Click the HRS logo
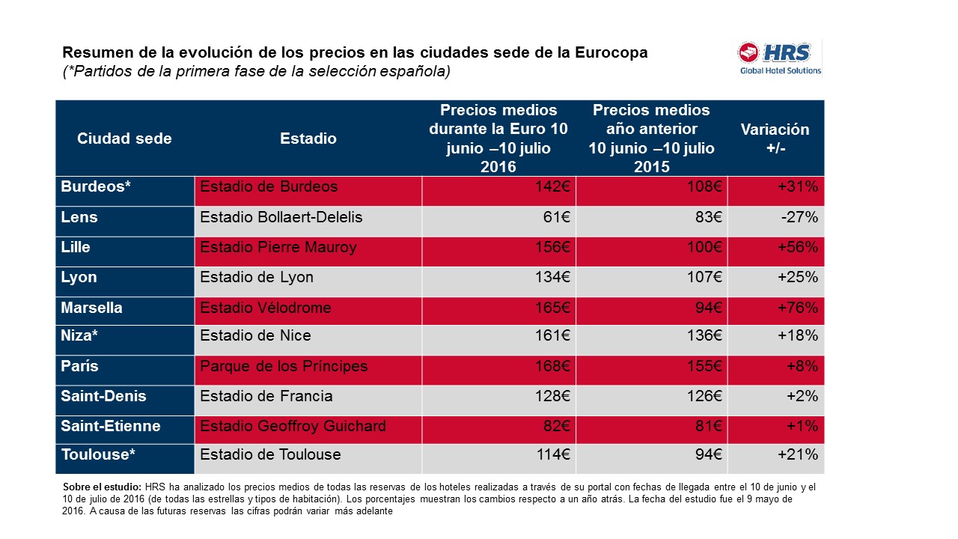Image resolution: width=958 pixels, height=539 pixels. point(779,58)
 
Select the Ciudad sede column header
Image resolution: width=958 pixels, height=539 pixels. point(124,138)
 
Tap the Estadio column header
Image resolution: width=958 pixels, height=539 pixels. point(308,138)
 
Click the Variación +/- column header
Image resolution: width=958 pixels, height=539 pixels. point(775,138)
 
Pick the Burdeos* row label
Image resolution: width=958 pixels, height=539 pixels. point(96,186)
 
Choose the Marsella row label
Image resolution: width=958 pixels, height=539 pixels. point(91,308)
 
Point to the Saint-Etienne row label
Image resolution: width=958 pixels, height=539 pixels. point(111,426)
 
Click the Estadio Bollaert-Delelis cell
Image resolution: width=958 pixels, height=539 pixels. point(281,217)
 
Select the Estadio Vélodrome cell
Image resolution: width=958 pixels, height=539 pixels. point(266,308)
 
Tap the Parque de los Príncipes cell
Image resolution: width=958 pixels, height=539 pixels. point(284,366)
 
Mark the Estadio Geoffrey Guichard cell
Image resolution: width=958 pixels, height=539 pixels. point(293,426)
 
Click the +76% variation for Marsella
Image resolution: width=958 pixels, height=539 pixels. point(798,308)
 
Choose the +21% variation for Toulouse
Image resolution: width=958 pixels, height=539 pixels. point(798,454)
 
